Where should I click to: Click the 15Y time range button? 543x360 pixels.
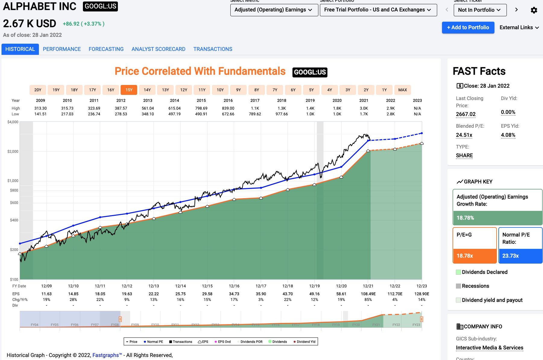pyautogui.click(x=129, y=90)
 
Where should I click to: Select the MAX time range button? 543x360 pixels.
pyautogui.click(x=403, y=90)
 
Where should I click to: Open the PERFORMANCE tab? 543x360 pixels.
pyautogui.click(x=62, y=49)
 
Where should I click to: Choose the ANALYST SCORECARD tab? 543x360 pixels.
pyautogui.click(x=158, y=49)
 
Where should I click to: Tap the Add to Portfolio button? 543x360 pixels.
pyautogui.click(x=468, y=27)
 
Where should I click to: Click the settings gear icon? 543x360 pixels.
pyautogui.click(x=534, y=10)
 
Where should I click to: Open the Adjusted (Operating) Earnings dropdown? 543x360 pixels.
pyautogui.click(x=274, y=10)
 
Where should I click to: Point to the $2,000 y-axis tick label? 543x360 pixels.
pyautogui.click(x=13, y=151)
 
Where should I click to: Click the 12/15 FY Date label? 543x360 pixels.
pyautogui.click(x=207, y=286)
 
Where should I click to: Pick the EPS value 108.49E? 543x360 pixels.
pyautogui.click(x=368, y=294)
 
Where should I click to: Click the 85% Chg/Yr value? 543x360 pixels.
pyautogui.click(x=368, y=299)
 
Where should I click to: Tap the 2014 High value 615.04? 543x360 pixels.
pyautogui.click(x=175, y=108)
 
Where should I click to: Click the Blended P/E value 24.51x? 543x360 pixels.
pyautogui.click(x=464, y=135)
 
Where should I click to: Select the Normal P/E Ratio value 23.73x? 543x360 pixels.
pyautogui.click(x=510, y=256)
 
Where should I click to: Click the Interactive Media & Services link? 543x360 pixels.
pyautogui.click(x=489, y=348)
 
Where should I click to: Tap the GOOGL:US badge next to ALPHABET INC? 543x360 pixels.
pyautogui.click(x=100, y=6)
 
